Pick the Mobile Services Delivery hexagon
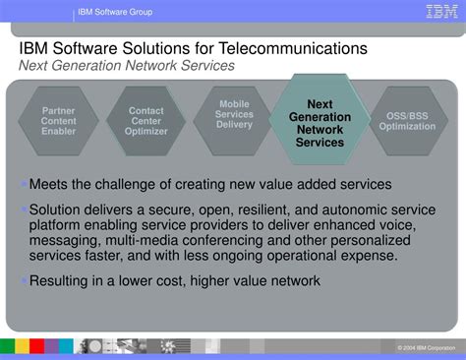234,114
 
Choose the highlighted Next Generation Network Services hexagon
320,123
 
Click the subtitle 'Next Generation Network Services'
127,65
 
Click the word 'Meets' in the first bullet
48,184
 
